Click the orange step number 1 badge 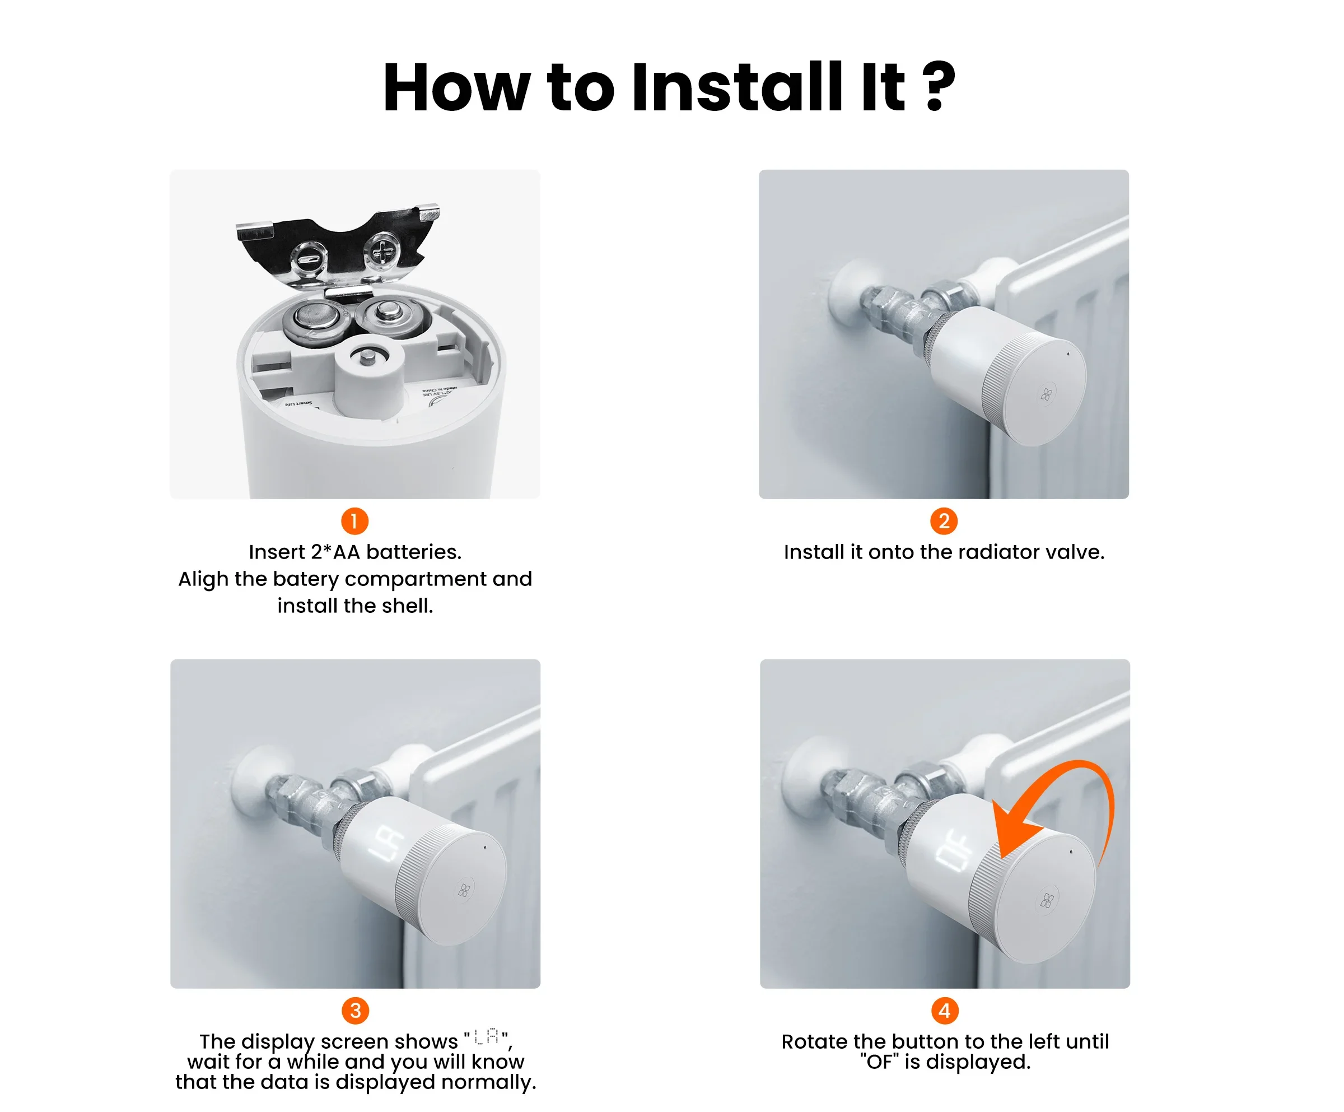coord(354,521)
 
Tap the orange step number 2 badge coord(944,521)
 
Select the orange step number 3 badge coord(355,1011)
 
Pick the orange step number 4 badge coord(945,1011)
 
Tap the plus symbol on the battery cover coord(384,252)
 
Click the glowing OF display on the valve coord(954,849)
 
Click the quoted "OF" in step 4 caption coord(879,1062)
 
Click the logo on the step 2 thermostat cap coord(1047,394)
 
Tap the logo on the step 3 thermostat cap coord(465,890)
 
